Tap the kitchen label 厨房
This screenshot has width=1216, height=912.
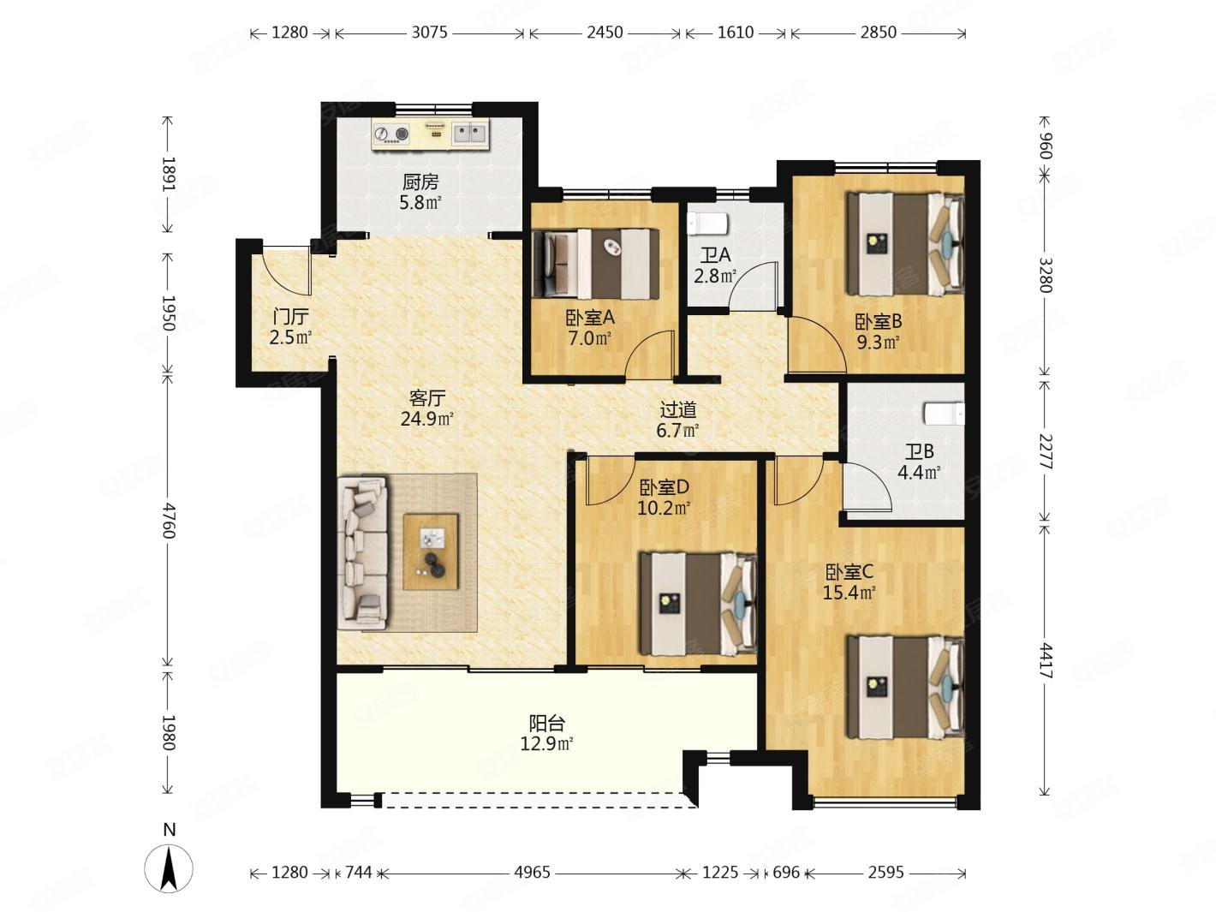pyautogui.click(x=420, y=182)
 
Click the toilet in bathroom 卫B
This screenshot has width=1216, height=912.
pyautogui.click(x=944, y=413)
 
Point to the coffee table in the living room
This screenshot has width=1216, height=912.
pyautogui.click(x=431, y=552)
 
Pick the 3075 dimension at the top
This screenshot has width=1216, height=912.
pyautogui.click(x=429, y=33)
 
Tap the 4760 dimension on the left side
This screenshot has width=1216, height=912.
pyautogui.click(x=169, y=521)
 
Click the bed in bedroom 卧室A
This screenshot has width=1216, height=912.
pyautogui.click(x=595, y=264)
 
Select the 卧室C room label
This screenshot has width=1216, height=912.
pyautogui.click(x=849, y=571)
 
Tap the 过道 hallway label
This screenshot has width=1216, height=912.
pyautogui.click(x=678, y=410)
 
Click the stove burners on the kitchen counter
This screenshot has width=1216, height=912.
pyautogui.click(x=391, y=134)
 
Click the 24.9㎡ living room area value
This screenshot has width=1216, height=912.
pyautogui.click(x=427, y=419)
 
